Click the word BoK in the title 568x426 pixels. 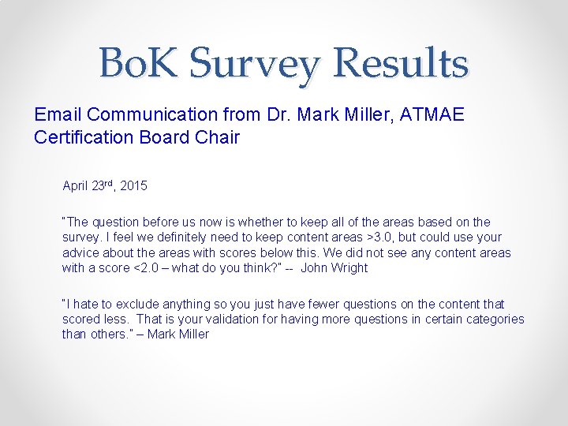[140, 64]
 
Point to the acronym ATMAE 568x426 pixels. [432, 115]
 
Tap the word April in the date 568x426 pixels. [76, 187]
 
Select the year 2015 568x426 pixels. [133, 187]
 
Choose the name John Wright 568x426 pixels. [334, 267]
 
